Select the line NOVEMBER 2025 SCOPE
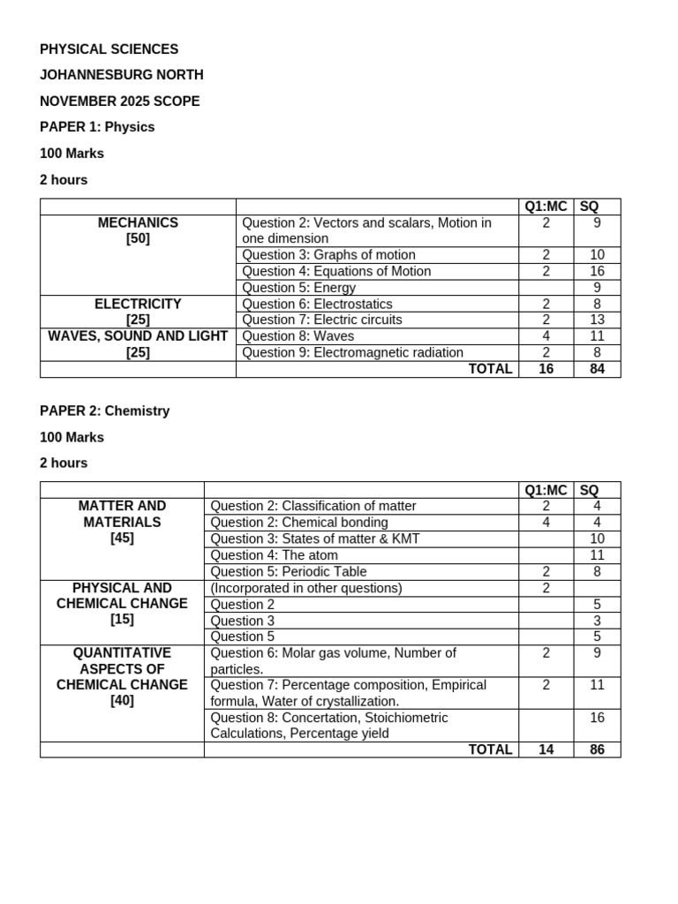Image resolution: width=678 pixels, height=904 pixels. [120, 101]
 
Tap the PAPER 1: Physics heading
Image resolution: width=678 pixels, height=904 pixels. [97, 126]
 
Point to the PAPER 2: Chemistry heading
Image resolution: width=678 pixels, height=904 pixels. [104, 411]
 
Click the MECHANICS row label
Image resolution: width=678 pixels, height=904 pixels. [138, 222]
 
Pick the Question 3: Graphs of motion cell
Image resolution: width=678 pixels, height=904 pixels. [328, 255]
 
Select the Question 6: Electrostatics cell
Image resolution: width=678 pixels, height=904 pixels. [317, 304]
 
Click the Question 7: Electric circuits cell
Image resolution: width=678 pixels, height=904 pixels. [321, 320]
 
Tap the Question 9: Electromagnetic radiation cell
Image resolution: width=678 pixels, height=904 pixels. [352, 352]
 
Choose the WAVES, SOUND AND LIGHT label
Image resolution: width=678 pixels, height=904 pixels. [138, 335]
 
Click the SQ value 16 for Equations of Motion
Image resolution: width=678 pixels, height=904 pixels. [597, 271]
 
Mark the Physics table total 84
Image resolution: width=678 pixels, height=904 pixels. [597, 369]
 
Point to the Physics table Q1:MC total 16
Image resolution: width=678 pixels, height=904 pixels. [546, 369]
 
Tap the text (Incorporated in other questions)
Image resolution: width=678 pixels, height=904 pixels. [305, 588]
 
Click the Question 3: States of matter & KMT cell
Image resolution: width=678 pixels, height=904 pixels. [314, 539]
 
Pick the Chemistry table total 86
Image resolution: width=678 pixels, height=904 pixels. [597, 750]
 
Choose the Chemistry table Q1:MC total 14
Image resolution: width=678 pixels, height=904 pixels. [546, 750]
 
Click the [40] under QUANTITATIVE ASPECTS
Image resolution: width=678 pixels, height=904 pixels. [122, 701]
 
